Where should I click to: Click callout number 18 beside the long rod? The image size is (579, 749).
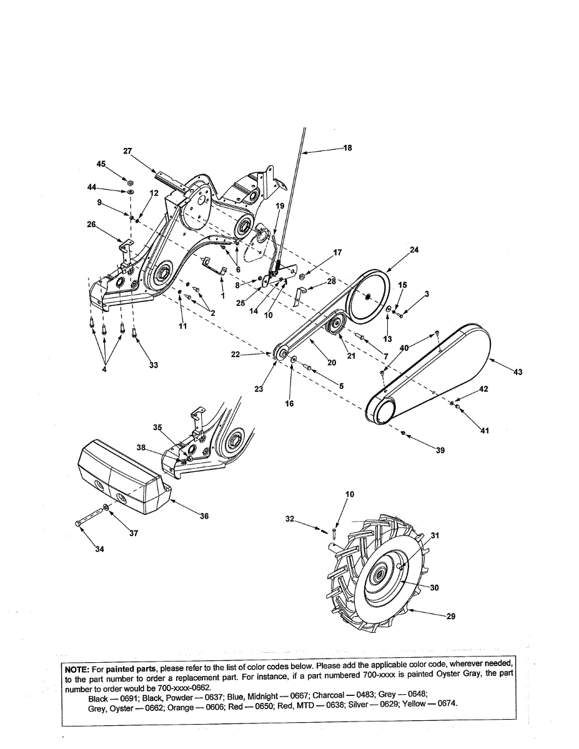point(347,148)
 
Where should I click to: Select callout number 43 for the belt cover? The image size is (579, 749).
point(518,372)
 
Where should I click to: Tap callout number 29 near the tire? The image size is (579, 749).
point(451,616)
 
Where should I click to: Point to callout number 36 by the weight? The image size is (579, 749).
point(204,516)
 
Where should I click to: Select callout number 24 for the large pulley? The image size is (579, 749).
point(414,250)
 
